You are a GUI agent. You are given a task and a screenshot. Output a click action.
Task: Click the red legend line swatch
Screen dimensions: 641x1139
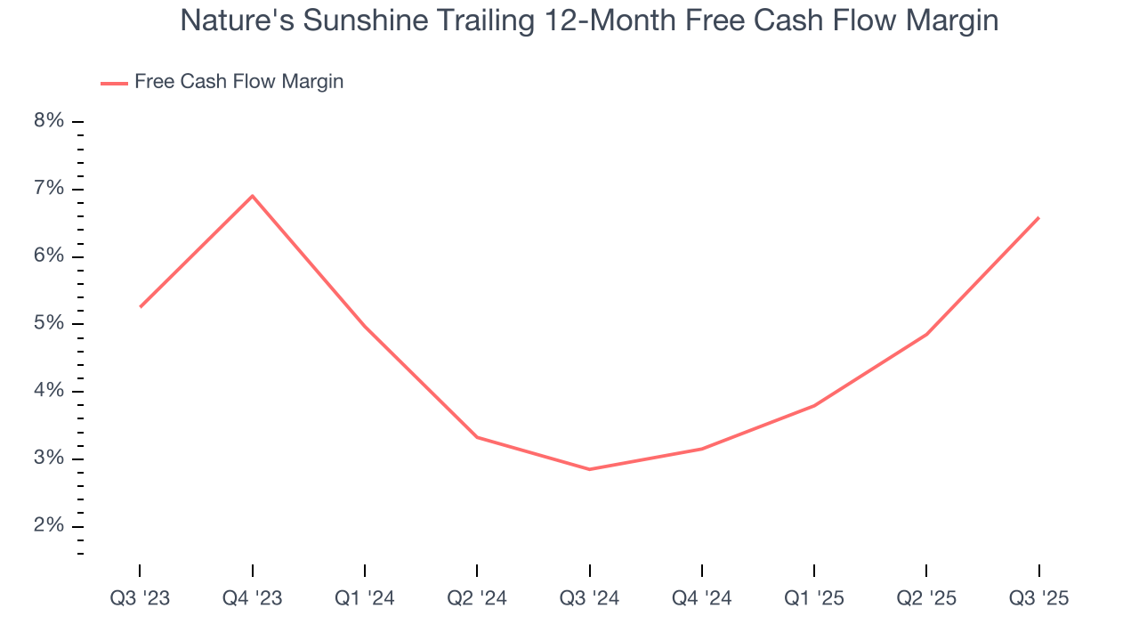click(x=114, y=83)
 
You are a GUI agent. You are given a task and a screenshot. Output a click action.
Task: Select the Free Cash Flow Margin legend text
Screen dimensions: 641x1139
click(x=238, y=82)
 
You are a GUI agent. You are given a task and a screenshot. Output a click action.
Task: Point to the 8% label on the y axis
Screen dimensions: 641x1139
click(x=49, y=121)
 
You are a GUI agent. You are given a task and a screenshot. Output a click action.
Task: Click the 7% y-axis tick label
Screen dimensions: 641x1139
click(x=49, y=189)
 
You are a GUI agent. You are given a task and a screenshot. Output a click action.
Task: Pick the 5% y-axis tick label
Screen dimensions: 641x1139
click(x=49, y=324)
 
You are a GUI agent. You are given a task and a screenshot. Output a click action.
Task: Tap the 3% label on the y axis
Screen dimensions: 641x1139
click(x=49, y=459)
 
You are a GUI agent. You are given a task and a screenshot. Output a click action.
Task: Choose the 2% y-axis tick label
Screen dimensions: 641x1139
click(x=49, y=526)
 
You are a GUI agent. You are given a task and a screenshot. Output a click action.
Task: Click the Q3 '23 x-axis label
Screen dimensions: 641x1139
click(x=140, y=598)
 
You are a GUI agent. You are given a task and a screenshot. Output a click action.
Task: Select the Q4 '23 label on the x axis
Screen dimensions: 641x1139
click(x=253, y=598)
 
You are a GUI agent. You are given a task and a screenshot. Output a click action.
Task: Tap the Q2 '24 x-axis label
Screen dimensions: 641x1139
click(x=477, y=598)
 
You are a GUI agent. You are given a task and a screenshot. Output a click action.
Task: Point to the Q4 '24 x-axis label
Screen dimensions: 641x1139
click(x=702, y=598)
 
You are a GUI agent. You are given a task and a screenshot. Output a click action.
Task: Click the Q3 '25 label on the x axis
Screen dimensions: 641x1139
click(x=1038, y=598)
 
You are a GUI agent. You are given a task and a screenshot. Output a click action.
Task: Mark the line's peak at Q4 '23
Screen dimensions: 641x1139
click(x=253, y=196)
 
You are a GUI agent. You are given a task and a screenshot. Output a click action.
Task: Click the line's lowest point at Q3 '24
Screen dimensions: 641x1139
click(x=590, y=469)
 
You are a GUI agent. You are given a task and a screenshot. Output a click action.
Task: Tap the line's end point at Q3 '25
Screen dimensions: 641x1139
click(x=1038, y=217)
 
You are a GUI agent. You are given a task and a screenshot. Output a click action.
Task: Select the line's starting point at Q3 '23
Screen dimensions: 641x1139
click(x=141, y=307)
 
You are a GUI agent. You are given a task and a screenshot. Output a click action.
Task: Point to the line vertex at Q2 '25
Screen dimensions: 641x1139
click(x=926, y=335)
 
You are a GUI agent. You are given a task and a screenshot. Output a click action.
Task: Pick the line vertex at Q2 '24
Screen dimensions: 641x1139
click(x=477, y=437)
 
